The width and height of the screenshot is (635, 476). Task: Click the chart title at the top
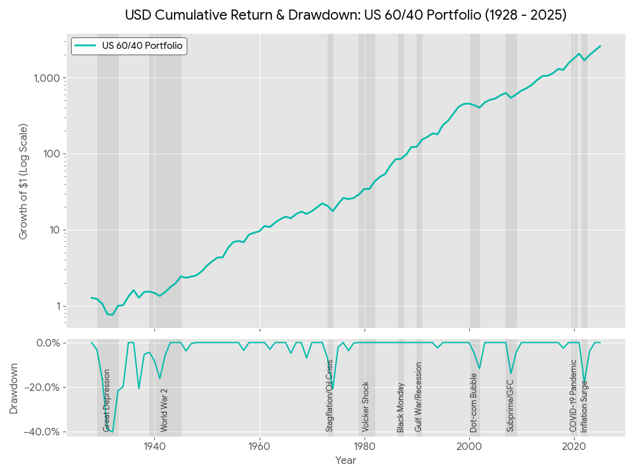click(345, 15)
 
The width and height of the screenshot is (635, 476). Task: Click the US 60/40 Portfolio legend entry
click(129, 46)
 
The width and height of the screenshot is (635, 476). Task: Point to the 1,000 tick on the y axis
click(46, 78)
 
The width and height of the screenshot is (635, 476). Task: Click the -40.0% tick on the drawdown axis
click(43, 432)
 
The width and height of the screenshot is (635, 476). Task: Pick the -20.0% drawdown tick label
click(43, 388)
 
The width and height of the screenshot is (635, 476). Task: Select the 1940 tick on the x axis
click(155, 446)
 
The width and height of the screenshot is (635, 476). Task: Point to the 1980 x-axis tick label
click(364, 446)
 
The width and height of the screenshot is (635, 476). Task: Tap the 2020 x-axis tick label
click(574, 446)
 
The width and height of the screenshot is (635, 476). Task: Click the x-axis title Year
click(345, 459)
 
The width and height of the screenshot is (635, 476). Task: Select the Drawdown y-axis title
click(14, 388)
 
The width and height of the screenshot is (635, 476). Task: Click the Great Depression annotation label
click(107, 400)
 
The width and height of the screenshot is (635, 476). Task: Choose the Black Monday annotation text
click(401, 407)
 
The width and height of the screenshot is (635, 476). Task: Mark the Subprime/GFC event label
click(510, 406)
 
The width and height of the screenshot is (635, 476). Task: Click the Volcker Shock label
click(366, 407)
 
